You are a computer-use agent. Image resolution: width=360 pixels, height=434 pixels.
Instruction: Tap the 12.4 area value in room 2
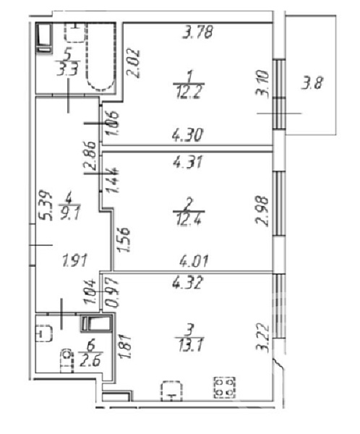[189, 219]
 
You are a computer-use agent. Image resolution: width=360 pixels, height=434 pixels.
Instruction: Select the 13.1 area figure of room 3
[191, 345]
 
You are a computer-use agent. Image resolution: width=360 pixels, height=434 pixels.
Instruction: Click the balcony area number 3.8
[312, 82]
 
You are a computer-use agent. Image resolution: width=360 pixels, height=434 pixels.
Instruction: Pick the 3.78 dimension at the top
[198, 32]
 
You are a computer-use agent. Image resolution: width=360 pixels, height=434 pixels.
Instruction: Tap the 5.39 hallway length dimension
[46, 205]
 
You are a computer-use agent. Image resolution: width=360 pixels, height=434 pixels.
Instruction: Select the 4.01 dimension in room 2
[194, 260]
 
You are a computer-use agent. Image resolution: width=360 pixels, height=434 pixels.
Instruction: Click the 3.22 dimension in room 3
[263, 338]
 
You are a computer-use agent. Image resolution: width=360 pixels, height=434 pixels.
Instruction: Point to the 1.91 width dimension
[74, 260]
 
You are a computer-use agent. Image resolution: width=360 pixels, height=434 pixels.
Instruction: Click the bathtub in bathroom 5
[100, 56]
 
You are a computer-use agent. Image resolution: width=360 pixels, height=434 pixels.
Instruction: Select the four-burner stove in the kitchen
[224, 388]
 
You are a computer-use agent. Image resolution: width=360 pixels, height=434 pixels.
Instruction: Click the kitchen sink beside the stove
[171, 391]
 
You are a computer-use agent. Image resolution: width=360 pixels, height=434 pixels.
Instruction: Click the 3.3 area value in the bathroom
[67, 70]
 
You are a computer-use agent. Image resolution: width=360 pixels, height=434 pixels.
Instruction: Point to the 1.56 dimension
[124, 239]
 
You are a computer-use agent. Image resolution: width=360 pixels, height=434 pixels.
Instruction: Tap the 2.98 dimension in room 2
[262, 211]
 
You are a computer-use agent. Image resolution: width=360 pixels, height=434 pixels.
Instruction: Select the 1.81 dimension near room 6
[124, 346]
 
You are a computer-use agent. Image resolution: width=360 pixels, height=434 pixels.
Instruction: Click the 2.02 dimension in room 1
[134, 63]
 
